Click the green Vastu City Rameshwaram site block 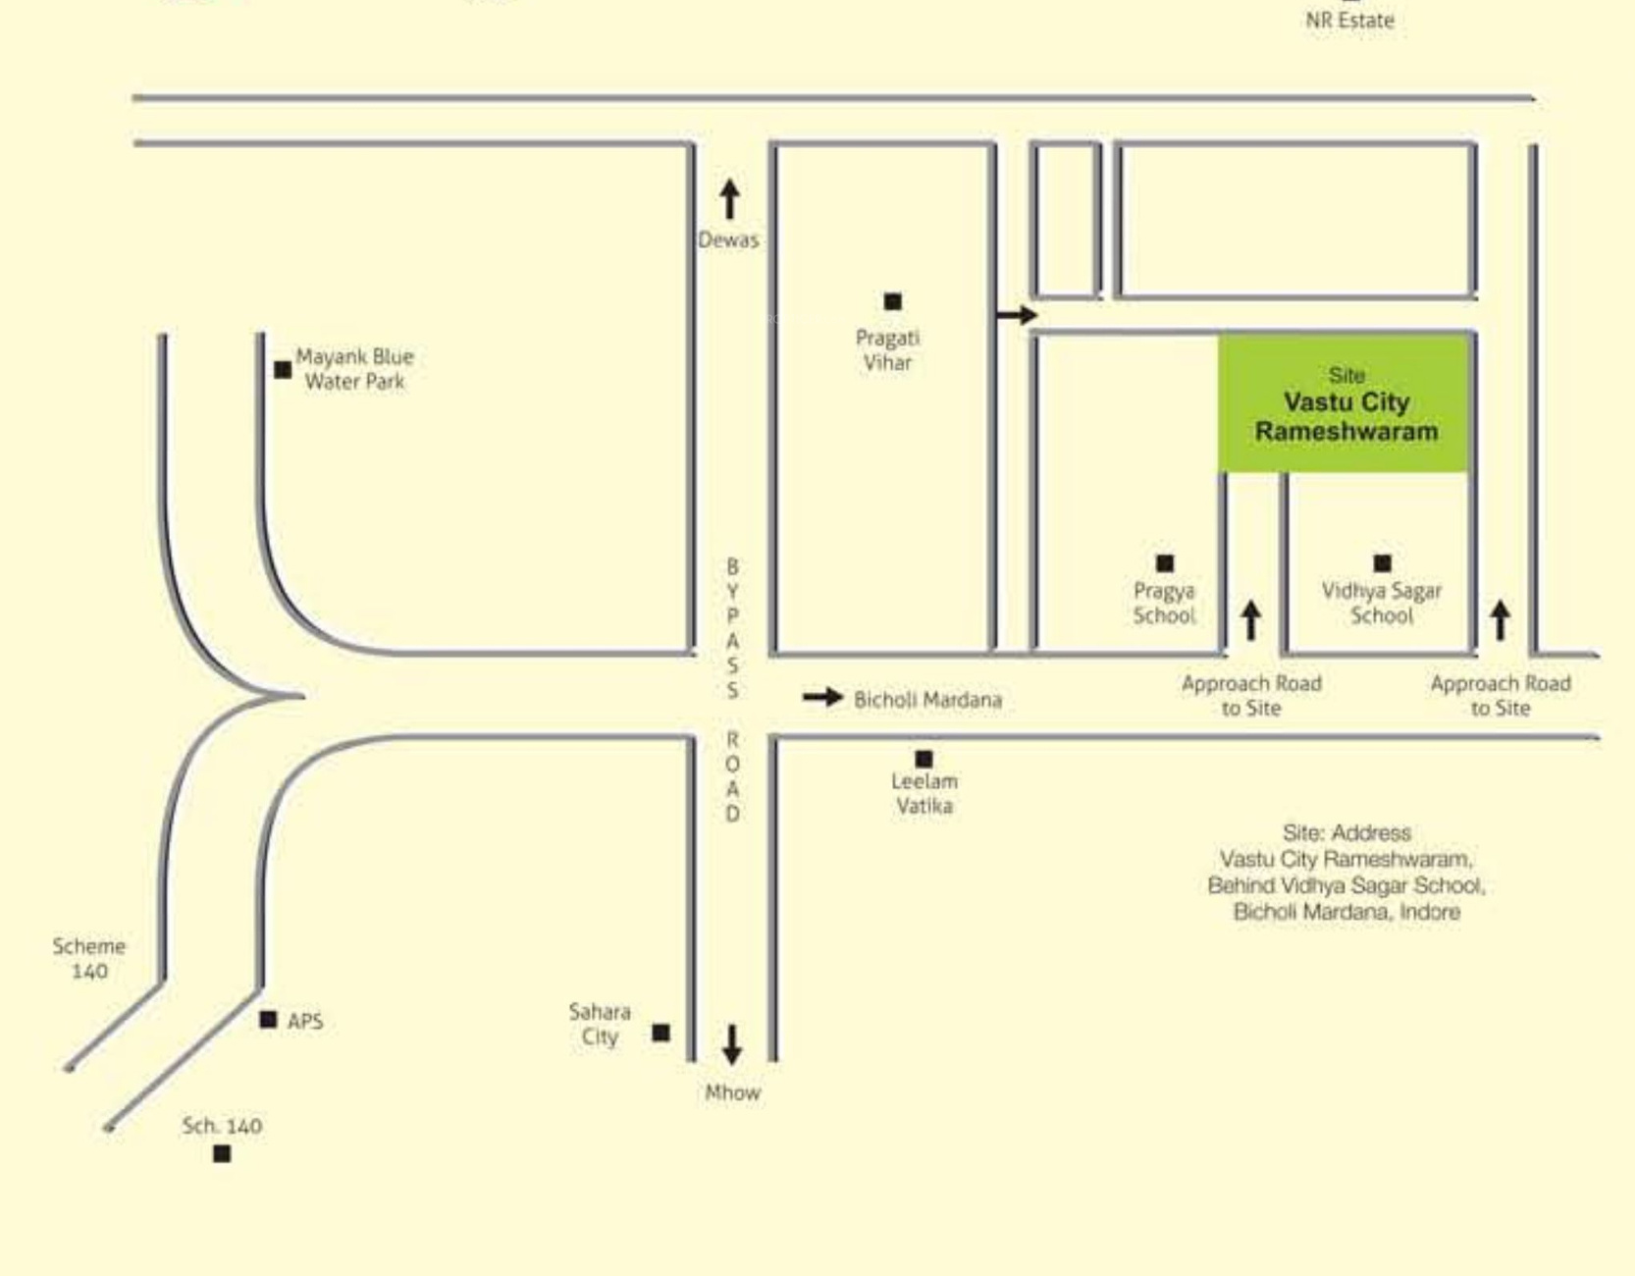[1344, 403]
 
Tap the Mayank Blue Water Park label [354, 369]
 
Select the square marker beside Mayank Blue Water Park [283, 370]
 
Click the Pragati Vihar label [887, 350]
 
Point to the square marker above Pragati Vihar [893, 301]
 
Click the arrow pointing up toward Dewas [729, 199]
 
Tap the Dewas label [728, 239]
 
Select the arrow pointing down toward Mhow [732, 1044]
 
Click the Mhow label [732, 1092]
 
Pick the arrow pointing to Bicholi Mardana [822, 698]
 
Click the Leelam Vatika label [923, 793]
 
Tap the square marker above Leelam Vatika [923, 759]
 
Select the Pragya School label [1164, 603]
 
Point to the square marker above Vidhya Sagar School [1383, 562]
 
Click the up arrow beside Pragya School [1250, 620]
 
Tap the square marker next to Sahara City [661, 1033]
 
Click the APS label [305, 1021]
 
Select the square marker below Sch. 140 [222, 1153]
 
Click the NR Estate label [1349, 20]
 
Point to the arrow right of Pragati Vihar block [1017, 314]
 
